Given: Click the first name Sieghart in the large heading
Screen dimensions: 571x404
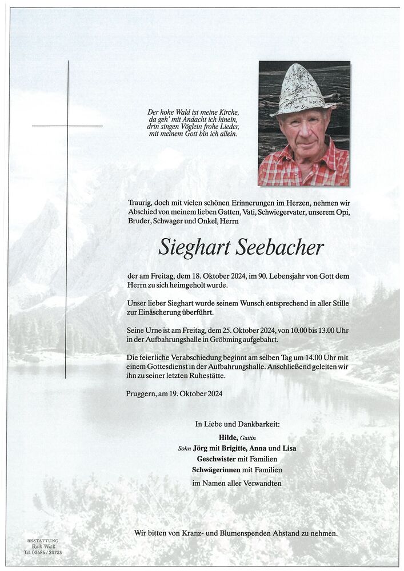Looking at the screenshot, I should click(x=193, y=248).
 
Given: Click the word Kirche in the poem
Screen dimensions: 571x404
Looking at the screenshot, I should click(x=226, y=112).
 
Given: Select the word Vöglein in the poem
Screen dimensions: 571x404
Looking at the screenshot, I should click(x=199, y=127).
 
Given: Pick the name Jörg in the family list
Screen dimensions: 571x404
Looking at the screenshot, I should click(x=200, y=448).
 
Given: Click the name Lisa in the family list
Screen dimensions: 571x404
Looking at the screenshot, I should click(x=289, y=448).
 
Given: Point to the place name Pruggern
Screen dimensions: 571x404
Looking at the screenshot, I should click(x=143, y=393).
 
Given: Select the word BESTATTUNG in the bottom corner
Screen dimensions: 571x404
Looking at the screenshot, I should click(x=42, y=540).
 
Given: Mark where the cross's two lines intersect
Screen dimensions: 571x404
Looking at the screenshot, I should click(x=67, y=126).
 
